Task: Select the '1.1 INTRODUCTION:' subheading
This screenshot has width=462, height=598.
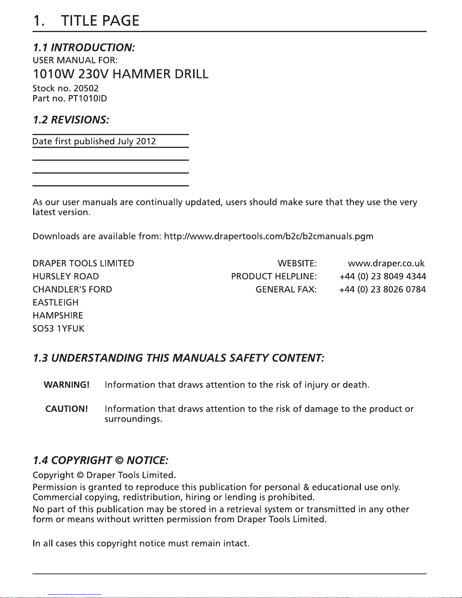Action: coord(84,48)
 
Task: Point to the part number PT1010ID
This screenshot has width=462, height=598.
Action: coord(85,99)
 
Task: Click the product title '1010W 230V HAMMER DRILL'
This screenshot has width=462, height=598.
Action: coord(120,74)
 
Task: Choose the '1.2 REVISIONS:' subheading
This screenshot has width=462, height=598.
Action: coord(71,120)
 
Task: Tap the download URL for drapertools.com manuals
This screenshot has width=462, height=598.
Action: coord(269,237)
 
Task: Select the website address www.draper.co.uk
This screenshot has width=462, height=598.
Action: coord(386,263)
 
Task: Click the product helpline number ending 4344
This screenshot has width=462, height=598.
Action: coord(382,277)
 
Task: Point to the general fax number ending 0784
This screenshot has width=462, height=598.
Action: coord(382,290)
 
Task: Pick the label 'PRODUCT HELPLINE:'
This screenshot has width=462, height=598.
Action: coord(274,277)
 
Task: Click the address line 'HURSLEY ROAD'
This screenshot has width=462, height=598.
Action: coord(66,277)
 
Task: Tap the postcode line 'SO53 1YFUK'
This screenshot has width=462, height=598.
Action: coord(58,329)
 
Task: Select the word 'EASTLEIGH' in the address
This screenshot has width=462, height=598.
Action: coord(55,303)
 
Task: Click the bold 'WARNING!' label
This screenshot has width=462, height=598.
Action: coord(67,385)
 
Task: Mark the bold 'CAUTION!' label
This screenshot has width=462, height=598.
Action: coord(67,409)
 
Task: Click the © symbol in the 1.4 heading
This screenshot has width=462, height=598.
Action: coord(119,461)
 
